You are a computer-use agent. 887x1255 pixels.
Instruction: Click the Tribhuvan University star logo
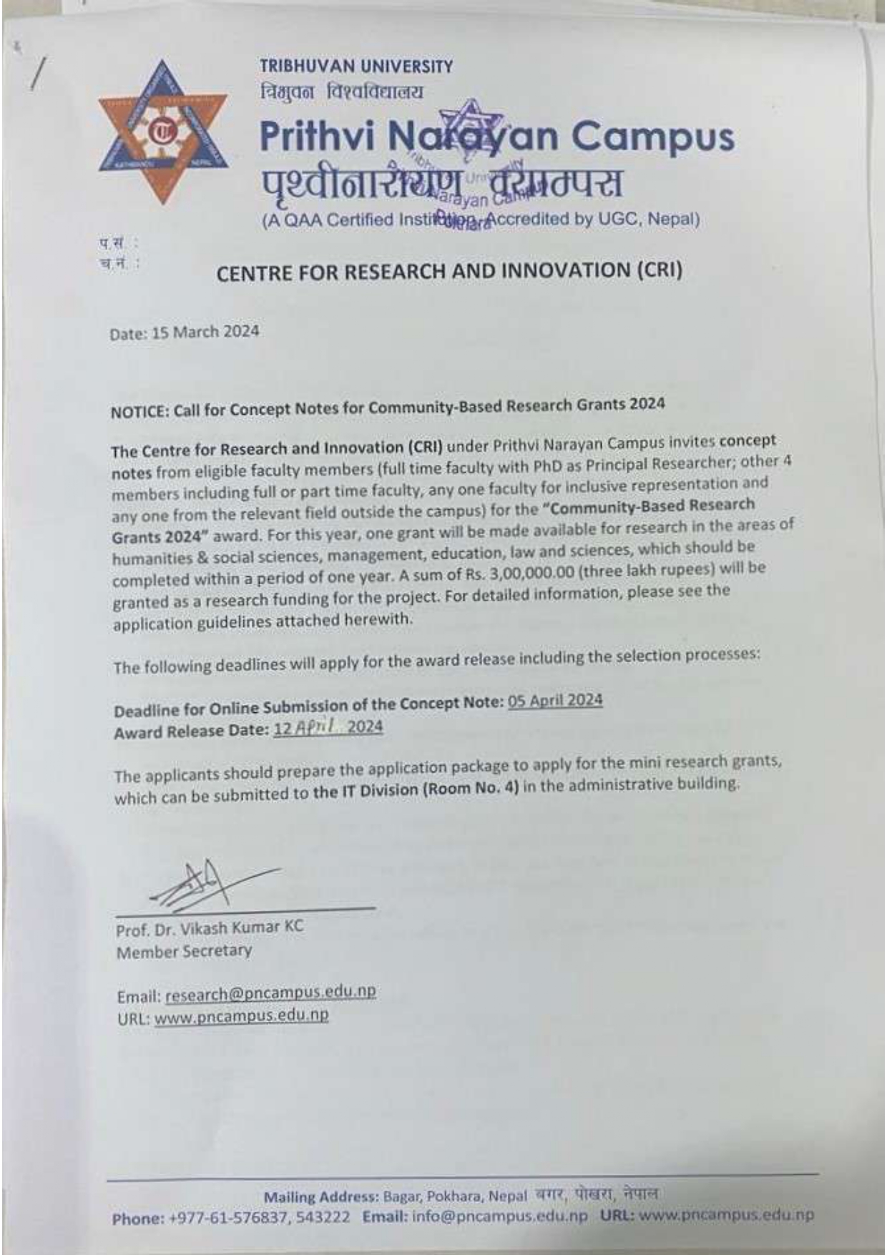163,133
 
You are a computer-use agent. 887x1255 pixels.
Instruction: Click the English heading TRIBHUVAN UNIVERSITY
356,67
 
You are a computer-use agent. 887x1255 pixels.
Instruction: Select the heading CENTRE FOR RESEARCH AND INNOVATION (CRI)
449,271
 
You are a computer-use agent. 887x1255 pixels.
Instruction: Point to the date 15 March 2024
205,332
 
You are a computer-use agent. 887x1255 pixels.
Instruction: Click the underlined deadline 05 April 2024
555,700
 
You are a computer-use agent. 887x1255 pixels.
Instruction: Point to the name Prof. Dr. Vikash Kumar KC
209,928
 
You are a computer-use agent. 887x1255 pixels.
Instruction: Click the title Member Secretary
184,952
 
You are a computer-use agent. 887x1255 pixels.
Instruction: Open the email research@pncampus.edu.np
270,993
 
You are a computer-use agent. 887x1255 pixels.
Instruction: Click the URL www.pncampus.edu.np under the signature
241,1016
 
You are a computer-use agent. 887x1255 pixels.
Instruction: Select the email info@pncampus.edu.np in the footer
500,1216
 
